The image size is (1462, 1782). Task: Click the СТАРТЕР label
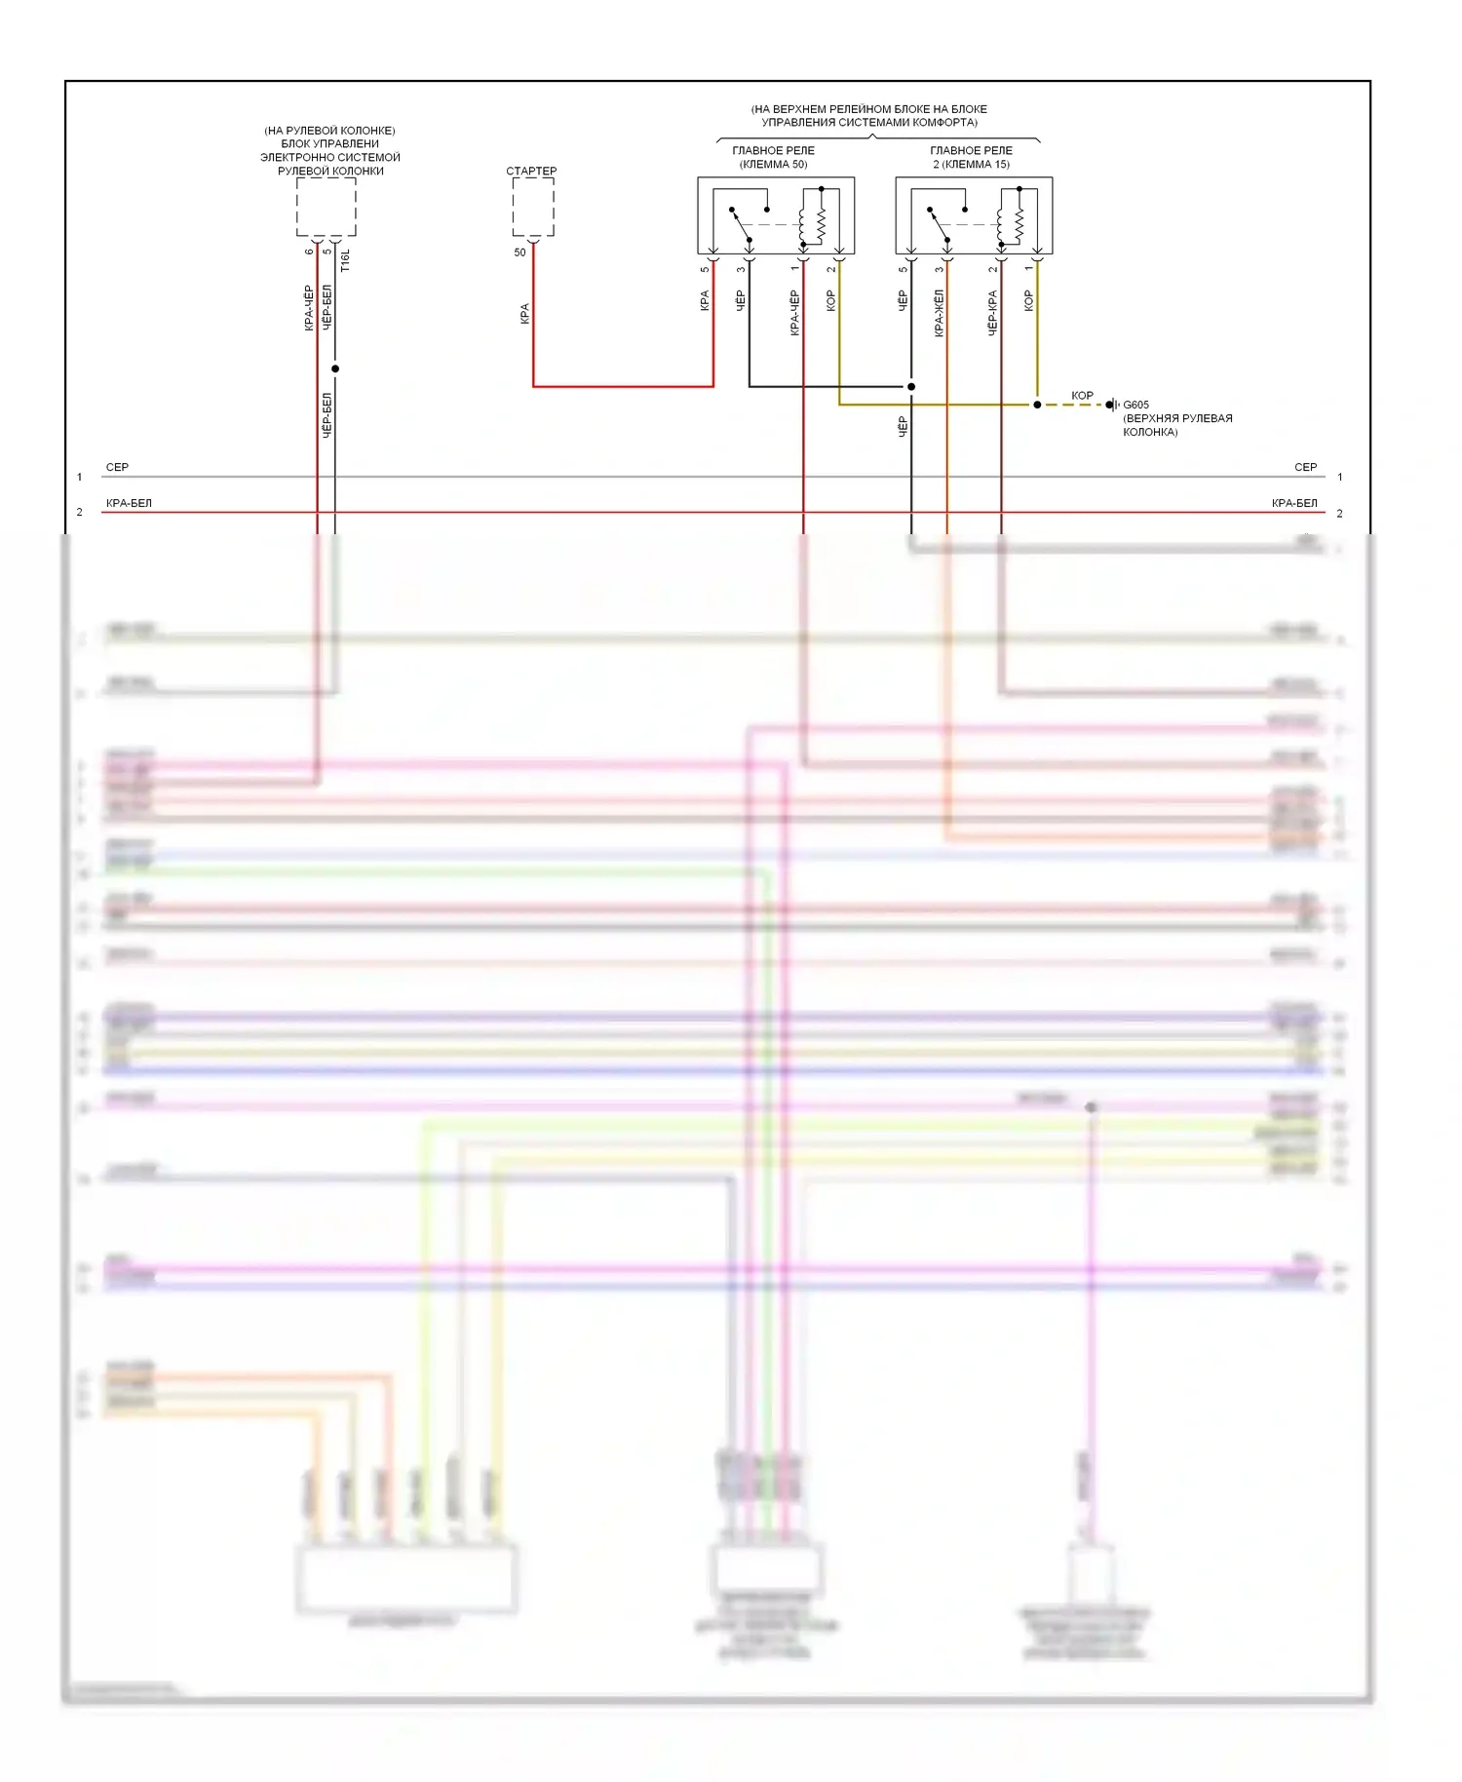[x=531, y=171]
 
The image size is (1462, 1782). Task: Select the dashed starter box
[x=533, y=207]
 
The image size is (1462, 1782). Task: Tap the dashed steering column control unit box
[x=326, y=207]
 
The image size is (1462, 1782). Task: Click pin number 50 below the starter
[x=519, y=252]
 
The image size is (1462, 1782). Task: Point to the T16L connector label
[x=345, y=260]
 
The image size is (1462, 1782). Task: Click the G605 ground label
[x=1135, y=405]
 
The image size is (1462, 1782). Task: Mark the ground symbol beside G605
[x=1112, y=405]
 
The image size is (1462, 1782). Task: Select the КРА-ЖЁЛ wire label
[x=939, y=312]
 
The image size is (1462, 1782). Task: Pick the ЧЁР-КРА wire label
[x=992, y=312]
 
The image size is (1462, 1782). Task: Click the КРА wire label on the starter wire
[x=524, y=313]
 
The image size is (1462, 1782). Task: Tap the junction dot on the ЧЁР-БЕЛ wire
[x=335, y=368]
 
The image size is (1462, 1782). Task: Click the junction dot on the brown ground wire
[x=1037, y=405]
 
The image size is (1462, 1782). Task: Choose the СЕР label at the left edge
[x=117, y=467]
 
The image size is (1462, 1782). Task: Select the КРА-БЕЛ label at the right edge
[x=1293, y=503]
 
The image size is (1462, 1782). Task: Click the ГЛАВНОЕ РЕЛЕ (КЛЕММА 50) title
[x=773, y=157]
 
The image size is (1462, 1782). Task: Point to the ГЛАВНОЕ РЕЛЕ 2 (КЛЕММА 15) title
[x=971, y=157]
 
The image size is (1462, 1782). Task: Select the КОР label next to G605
[x=1082, y=395]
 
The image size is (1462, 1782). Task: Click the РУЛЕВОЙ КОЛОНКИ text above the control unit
[x=330, y=171]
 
